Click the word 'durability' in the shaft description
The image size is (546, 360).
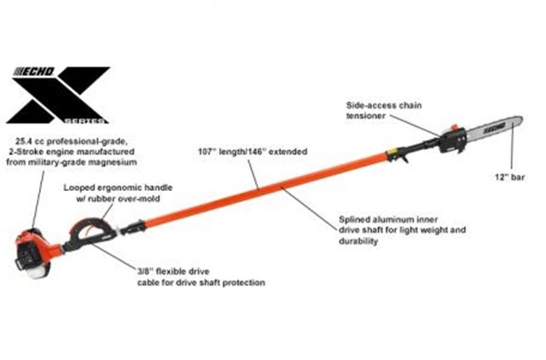(357, 241)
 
